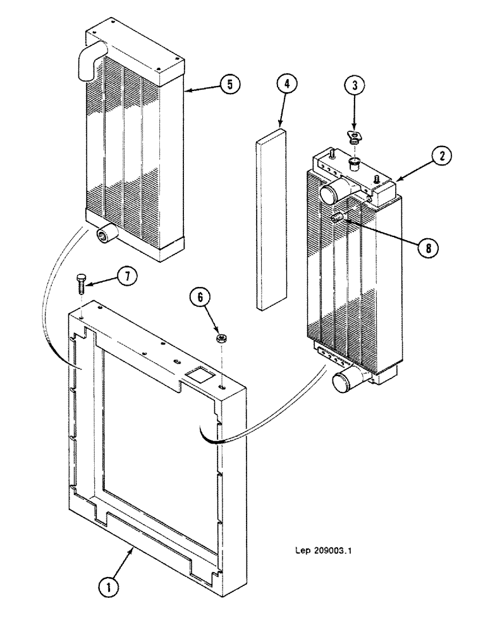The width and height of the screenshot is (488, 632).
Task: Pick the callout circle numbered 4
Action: (x=286, y=85)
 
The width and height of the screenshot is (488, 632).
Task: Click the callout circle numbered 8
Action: (x=428, y=248)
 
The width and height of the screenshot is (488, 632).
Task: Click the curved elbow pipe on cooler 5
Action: (x=88, y=61)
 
